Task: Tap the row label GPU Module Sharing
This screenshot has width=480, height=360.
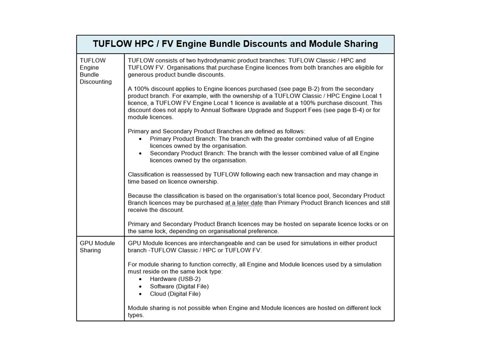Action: (x=97, y=246)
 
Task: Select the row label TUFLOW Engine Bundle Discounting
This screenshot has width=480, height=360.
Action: (x=95, y=71)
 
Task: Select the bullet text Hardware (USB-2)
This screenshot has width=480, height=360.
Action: (x=175, y=279)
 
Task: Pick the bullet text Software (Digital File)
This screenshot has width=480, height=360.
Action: (x=179, y=286)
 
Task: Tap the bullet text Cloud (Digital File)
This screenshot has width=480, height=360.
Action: (x=175, y=293)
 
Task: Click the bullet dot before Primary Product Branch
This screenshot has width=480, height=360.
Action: (x=140, y=139)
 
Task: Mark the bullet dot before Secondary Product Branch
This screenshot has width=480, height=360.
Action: (x=140, y=153)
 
